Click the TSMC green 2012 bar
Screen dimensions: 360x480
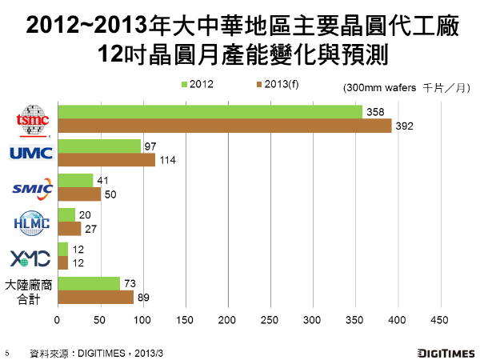[x=210, y=112]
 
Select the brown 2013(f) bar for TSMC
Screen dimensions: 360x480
[x=224, y=126]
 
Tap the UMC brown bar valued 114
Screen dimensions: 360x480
[x=106, y=160]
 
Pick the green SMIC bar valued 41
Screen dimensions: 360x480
[x=74, y=181]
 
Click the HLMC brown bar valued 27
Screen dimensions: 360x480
[x=69, y=229]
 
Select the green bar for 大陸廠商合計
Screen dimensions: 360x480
[x=88, y=283]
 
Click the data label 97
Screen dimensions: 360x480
[x=150, y=146]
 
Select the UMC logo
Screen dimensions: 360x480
[x=30, y=152]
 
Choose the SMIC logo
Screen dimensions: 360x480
[x=31, y=188]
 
